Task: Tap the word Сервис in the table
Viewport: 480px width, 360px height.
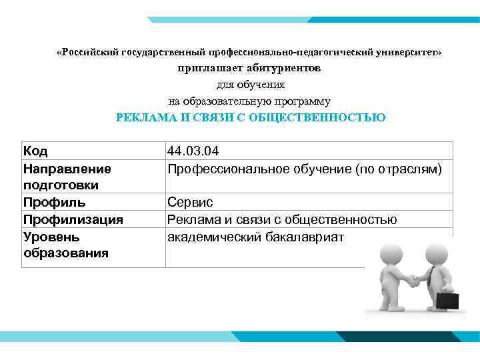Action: pos(190,202)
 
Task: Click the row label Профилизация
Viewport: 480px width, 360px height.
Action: pos(73,219)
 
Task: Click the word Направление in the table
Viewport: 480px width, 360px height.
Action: pos(67,169)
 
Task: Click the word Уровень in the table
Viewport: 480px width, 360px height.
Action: pos(51,237)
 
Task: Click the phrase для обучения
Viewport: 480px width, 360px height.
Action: pos(250,85)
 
